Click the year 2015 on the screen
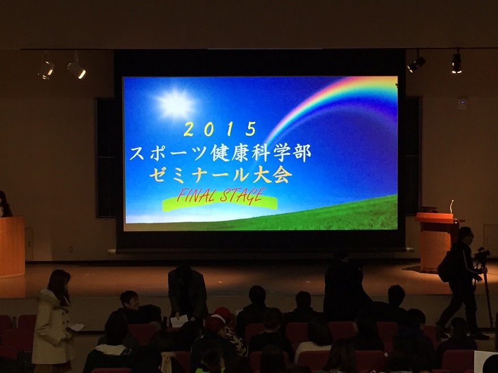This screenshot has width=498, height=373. coord(220,129)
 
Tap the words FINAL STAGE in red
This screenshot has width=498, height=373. coord(220,196)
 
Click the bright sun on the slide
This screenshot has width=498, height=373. coord(175,104)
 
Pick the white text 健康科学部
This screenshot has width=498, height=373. coord(260,153)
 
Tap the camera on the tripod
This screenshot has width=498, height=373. coord(482,254)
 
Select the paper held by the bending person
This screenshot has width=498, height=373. coord(179,320)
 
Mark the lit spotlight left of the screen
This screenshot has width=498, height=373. coord(76,69)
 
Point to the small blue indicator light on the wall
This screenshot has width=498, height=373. coord(462,102)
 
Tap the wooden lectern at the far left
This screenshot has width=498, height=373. coord(12,246)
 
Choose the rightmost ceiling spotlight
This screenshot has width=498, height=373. coord(456,63)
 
